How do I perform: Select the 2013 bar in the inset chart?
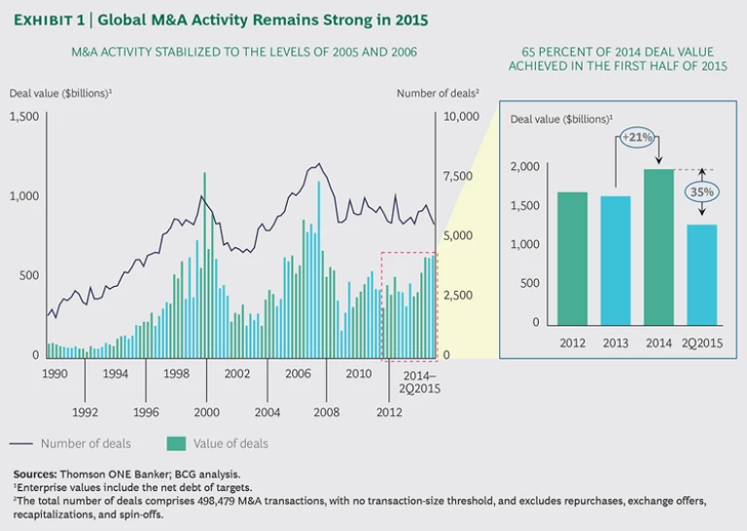[615, 260]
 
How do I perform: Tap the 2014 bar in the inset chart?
[658, 247]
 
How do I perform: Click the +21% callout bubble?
[639, 136]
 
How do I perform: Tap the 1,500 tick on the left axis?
[21, 116]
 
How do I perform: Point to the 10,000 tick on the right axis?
[461, 116]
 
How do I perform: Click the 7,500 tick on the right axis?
[456, 176]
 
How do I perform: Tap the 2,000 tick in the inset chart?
[524, 166]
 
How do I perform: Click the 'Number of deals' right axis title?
[439, 93]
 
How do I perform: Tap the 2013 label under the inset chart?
[616, 343]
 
